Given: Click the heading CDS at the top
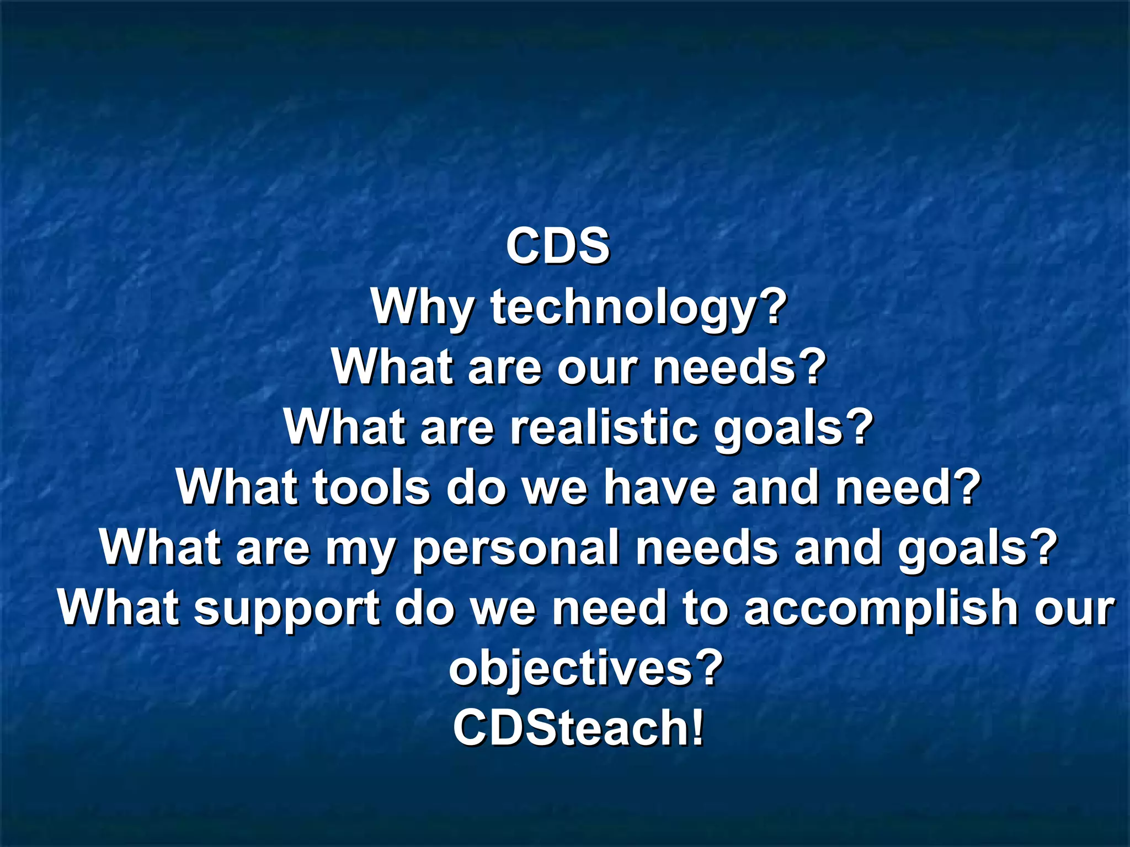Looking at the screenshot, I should [x=558, y=246].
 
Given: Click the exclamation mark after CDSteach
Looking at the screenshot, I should [x=697, y=728].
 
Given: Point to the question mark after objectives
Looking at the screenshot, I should [x=707, y=667].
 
